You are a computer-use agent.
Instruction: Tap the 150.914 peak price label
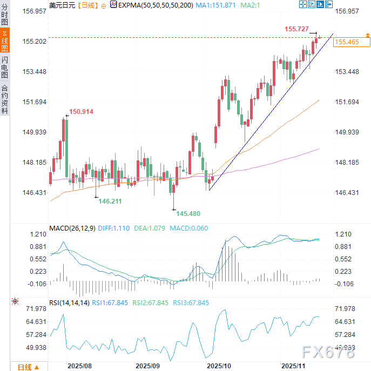pos(81,112)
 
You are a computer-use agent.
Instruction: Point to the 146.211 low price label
pos(110,201)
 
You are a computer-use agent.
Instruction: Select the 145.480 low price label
pos(188,213)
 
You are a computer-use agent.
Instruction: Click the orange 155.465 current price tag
pos(347,42)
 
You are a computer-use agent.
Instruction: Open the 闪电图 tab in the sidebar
pos(5,67)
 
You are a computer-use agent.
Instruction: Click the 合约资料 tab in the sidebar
pos(5,99)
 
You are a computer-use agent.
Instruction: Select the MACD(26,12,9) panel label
pos(72,228)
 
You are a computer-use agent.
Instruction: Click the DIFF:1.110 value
pos(116,228)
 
